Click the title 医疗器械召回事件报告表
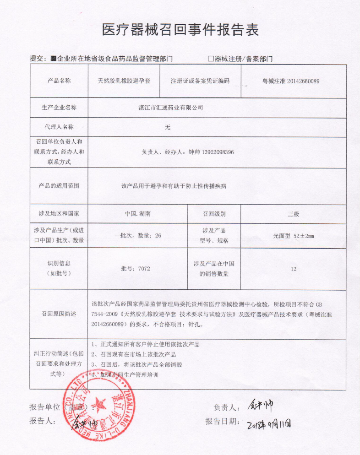coord(180,30)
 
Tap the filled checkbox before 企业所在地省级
coord(53,59)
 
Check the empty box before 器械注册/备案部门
coord(211,59)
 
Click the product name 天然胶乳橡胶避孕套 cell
coord(124,81)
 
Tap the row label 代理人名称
coord(58,127)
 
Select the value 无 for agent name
coord(168,127)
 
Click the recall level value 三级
coord(293,214)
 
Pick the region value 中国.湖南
coord(137,214)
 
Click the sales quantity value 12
coord(293,269)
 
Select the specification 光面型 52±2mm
coord(293,235)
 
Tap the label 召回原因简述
coord(58,314)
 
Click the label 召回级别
coord(214,214)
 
